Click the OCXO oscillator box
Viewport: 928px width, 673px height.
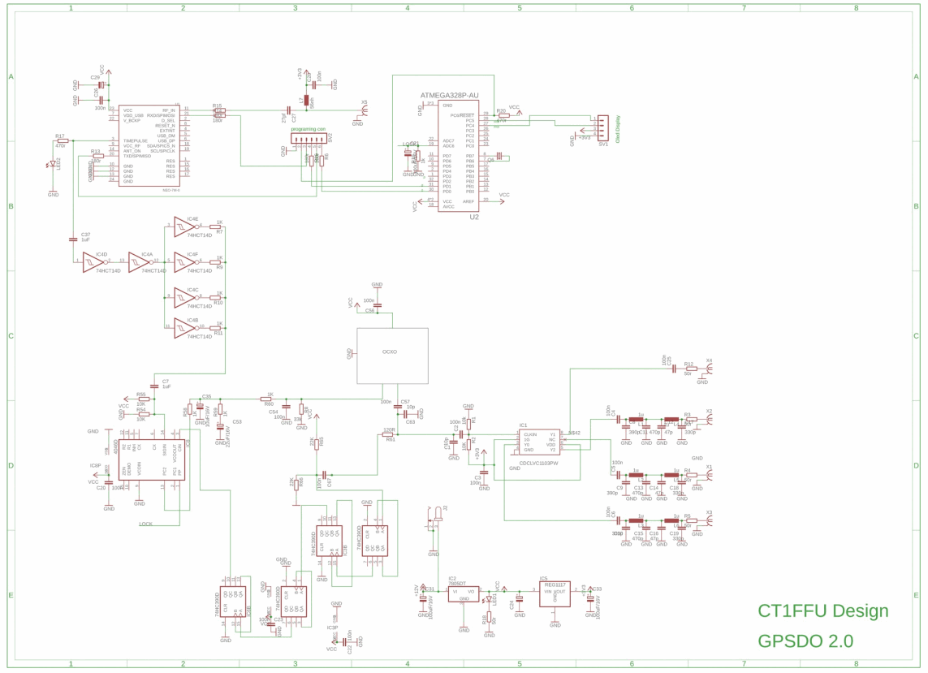(392, 356)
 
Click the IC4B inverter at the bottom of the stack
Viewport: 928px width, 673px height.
(183, 328)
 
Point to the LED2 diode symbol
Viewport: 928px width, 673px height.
(54, 166)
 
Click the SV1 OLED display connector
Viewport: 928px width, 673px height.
(602, 127)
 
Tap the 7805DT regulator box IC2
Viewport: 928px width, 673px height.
(463, 593)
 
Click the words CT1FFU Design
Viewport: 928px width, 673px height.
(822, 610)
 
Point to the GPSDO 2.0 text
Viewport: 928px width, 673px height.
(805, 641)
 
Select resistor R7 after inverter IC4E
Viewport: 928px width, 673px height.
(218, 226)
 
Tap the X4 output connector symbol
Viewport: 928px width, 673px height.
(709, 368)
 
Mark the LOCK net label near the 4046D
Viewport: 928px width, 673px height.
(145, 524)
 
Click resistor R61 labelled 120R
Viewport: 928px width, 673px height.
(388, 434)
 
